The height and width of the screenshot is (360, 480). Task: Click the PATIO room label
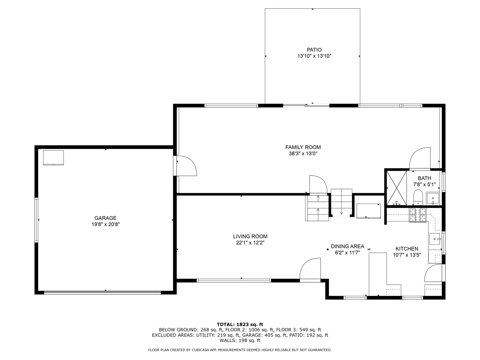(x=314, y=50)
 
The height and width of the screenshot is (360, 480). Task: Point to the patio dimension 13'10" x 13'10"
(x=314, y=56)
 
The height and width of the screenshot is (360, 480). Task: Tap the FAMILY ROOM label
(x=303, y=147)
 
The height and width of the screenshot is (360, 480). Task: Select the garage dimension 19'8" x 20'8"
(x=106, y=224)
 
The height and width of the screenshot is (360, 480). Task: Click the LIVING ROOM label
(x=250, y=236)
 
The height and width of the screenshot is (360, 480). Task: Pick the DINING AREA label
(x=347, y=246)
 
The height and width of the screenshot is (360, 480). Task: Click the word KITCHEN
(x=407, y=249)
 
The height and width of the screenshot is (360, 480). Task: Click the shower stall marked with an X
(x=396, y=188)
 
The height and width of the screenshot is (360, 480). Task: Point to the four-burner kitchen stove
(x=418, y=215)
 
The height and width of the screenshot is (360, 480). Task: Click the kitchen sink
(x=435, y=239)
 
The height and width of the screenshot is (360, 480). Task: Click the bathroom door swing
(x=420, y=158)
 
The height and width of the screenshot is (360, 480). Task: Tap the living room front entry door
(x=310, y=269)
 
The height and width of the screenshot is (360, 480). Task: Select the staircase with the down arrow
(x=341, y=203)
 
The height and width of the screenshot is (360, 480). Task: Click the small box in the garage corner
(x=53, y=158)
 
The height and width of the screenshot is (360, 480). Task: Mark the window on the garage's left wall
(x=36, y=220)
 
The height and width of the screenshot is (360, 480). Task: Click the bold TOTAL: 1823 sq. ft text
(x=240, y=324)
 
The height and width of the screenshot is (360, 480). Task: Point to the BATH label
(x=424, y=178)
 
